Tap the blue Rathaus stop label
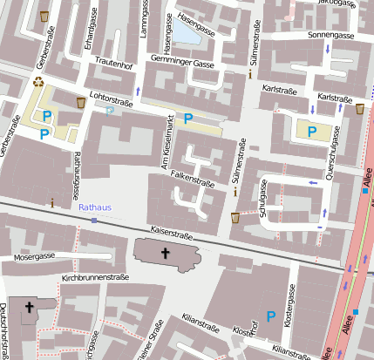[x=93, y=209]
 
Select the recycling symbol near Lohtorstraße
[x=38, y=83]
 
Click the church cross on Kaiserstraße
[x=165, y=253]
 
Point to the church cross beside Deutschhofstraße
[x=30, y=307]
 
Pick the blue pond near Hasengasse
[x=187, y=33]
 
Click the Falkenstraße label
[x=193, y=174]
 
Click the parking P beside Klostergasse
[x=271, y=316]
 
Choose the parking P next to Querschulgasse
[x=311, y=131]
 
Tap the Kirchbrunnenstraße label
[x=96, y=277]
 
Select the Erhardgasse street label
[x=88, y=29]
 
